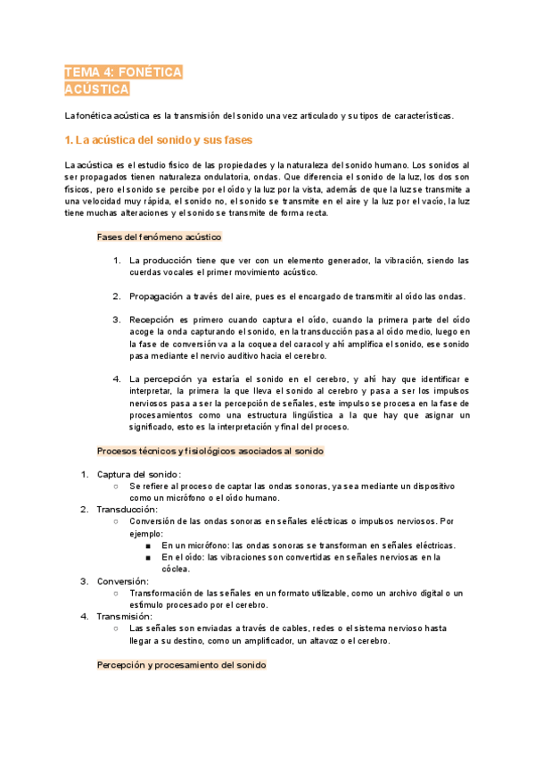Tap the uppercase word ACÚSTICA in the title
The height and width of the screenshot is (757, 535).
97,89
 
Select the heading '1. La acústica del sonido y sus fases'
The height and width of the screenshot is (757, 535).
159,140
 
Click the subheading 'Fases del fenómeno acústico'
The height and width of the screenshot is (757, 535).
159,237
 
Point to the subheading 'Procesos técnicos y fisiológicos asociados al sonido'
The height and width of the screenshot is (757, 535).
210,451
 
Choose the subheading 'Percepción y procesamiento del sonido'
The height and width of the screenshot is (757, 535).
181,666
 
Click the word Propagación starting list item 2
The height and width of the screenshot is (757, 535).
159,296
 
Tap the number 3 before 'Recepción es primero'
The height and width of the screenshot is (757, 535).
117,319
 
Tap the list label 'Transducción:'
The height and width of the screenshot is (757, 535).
128,509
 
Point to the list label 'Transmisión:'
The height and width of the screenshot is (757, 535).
126,616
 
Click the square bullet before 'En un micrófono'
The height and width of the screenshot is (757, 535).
149,545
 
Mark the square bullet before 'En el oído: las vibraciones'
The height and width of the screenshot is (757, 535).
149,557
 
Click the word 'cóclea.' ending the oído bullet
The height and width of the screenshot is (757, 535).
176,569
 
